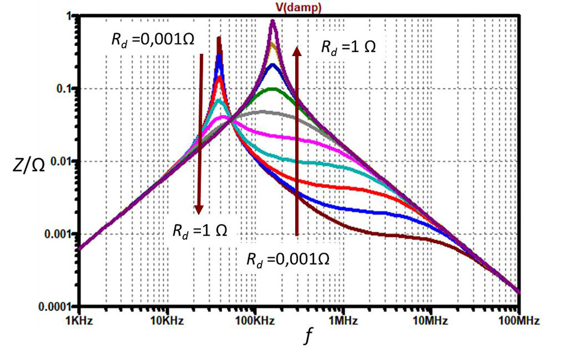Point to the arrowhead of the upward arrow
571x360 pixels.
pyautogui.click(x=296, y=51)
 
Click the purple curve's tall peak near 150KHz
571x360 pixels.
pyautogui.click(x=273, y=22)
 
